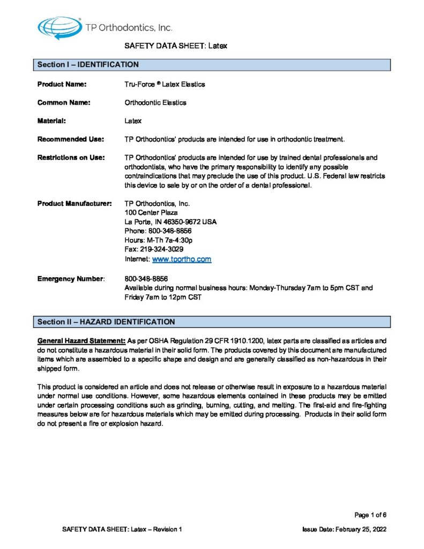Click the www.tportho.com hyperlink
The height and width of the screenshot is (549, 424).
pos(182,259)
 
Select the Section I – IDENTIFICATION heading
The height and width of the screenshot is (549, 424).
pos(88,65)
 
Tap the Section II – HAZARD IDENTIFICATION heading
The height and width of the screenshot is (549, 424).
pos(106,322)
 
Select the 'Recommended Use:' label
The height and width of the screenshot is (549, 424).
pos(70,139)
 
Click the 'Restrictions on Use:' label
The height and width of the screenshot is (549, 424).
pos(71,158)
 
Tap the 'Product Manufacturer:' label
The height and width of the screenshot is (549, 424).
pos(74,204)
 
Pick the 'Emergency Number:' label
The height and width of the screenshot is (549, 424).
pos(71,279)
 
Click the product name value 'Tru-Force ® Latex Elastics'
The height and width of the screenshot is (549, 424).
pos(165,84)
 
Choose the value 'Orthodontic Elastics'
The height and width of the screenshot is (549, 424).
pos(155,102)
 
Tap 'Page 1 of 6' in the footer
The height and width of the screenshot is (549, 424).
pos(370,515)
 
